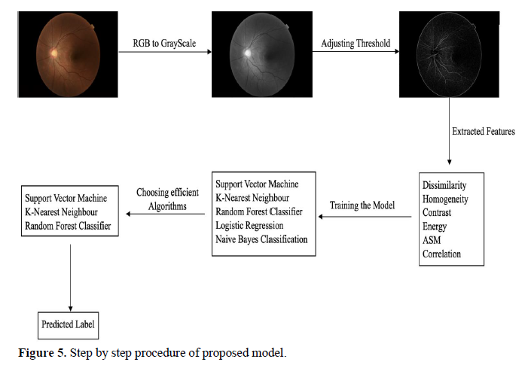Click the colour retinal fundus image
pos(68,54)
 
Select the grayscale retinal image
pos(262,54)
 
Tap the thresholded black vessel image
pos(449,54)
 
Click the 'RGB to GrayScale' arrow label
pos(164,44)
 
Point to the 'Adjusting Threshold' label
pos(356,44)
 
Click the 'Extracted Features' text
pos(484,131)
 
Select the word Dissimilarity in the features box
pos(444,185)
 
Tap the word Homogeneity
pos(445,199)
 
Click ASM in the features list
pos(432,240)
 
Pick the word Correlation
pos(441,254)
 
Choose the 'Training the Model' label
pos(362,205)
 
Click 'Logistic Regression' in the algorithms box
pos(249,225)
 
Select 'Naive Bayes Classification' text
pos(261,239)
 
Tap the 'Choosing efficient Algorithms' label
pos(167,199)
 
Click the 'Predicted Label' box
pos(68,325)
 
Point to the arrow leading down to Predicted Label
pos(70,278)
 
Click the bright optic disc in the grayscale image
pos(247,53)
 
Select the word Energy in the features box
pos(435,227)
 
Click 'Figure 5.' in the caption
pos(42,353)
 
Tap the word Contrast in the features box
pos(437,212)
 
